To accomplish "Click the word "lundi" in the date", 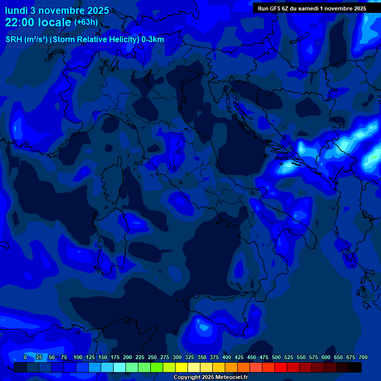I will (16, 10).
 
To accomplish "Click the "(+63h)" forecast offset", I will (86, 22).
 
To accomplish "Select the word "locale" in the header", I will (56, 22).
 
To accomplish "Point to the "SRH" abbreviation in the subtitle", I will (13, 40).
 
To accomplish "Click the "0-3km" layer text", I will (153, 40).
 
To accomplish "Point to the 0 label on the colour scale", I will (25, 357).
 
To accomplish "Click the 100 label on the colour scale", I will (78, 357).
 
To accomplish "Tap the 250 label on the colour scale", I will (152, 357).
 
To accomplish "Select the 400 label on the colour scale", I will (227, 357).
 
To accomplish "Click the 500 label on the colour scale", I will (276, 357).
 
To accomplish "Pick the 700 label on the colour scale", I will (363, 357).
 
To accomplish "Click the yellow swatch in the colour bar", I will (182, 367).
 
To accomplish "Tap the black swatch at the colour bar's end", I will (355, 367).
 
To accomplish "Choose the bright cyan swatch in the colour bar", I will (120, 367).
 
